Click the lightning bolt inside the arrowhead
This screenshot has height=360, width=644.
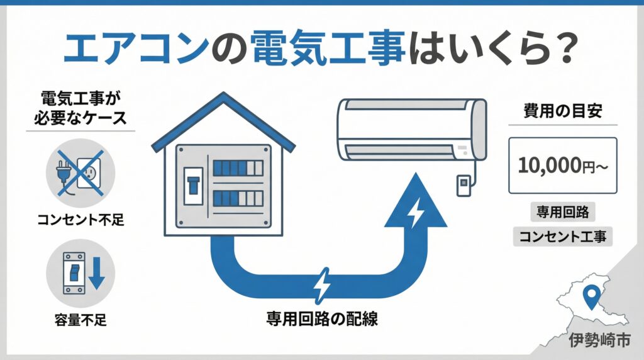(x=416, y=214)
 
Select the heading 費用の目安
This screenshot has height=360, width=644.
(x=563, y=111)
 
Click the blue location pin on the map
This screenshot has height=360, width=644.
(x=591, y=296)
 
